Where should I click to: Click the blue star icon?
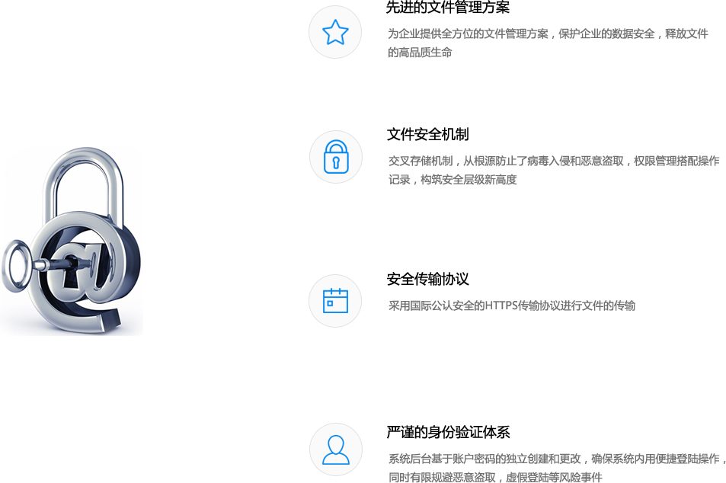[x=335, y=32]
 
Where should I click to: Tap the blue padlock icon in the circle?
[x=336, y=157]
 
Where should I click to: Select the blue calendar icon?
[x=335, y=301]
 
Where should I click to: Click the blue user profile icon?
[x=336, y=449]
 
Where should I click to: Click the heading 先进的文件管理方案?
[x=448, y=8]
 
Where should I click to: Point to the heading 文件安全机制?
[x=428, y=134]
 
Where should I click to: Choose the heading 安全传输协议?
[x=428, y=280]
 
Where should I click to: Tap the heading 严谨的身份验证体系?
[x=448, y=432]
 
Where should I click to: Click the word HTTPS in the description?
[x=501, y=305]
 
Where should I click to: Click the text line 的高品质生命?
[x=420, y=53]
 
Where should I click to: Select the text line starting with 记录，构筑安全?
[x=453, y=180]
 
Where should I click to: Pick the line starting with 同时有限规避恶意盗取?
[x=495, y=477]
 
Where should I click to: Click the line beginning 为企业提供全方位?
[x=548, y=34]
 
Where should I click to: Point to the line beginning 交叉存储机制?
[x=554, y=162]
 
